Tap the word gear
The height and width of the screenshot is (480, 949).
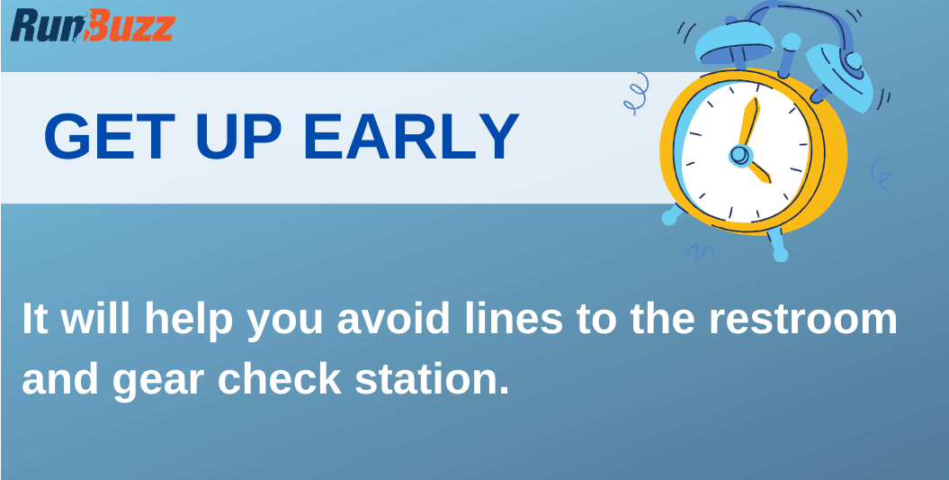click(x=159, y=379)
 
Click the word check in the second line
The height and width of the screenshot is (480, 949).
click(x=279, y=379)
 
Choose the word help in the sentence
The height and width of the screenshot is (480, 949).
click(x=190, y=321)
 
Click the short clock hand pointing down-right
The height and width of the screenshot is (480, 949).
click(x=757, y=168)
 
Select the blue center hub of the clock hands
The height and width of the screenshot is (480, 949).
click(x=739, y=156)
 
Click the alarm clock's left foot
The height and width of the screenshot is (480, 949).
click(x=674, y=214)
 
